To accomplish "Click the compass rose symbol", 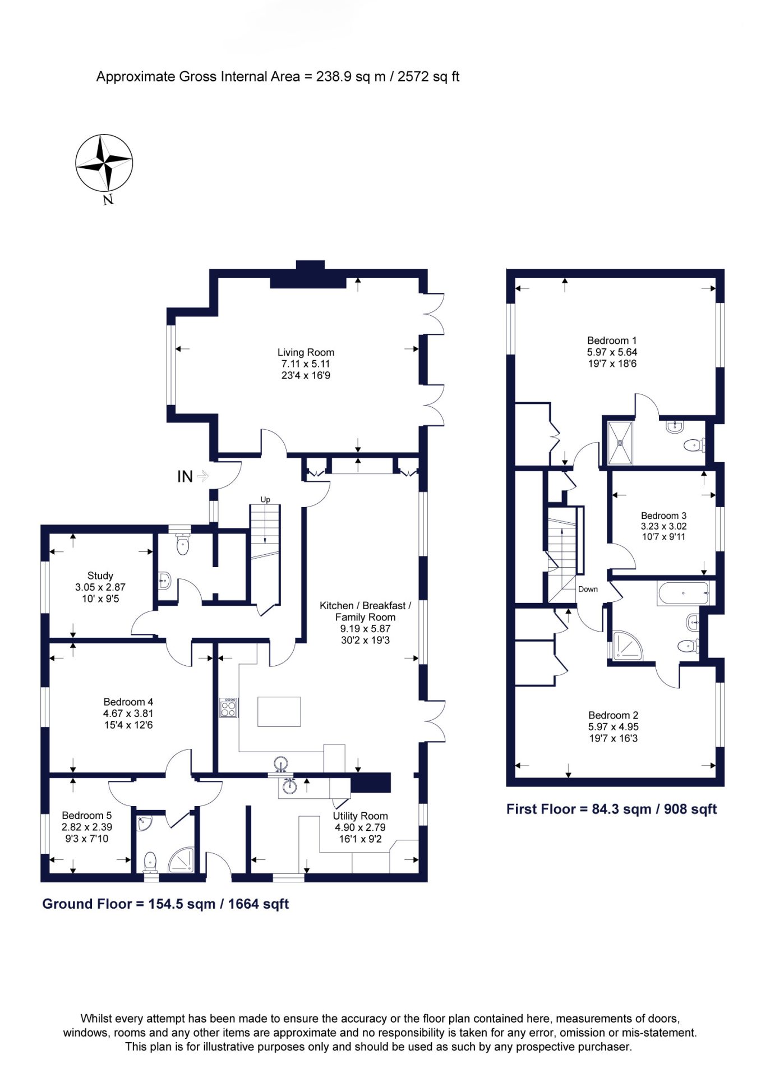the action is click(104, 163).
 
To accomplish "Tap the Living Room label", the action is click(306, 352).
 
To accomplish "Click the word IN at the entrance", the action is click(185, 476).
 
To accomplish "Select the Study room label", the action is click(100, 576).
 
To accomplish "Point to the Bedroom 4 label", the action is click(128, 702).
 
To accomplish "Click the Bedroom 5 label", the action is click(86, 815).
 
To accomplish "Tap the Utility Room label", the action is click(360, 816).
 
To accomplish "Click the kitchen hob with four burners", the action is click(228, 707).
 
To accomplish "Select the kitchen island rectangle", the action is click(279, 711).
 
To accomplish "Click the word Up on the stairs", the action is click(265, 499).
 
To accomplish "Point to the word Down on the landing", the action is click(588, 589).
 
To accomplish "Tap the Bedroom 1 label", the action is click(612, 340).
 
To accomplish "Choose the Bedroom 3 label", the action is click(663, 516).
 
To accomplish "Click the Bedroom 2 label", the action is click(613, 715).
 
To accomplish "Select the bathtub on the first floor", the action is click(683, 593).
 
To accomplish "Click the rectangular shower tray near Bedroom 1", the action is click(620, 443).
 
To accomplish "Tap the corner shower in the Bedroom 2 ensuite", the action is click(628, 646).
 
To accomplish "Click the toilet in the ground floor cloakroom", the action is click(183, 543).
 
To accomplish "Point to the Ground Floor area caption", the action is click(165, 904).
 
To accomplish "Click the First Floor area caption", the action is click(611, 809).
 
